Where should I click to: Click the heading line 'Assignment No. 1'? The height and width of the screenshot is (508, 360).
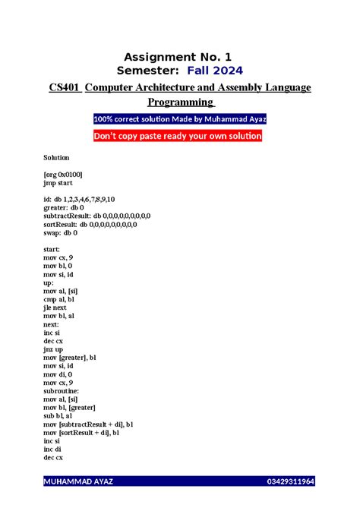coord(179,56)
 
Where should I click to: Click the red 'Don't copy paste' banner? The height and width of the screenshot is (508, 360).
coord(178,136)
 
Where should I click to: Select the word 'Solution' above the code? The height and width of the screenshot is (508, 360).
coord(56,157)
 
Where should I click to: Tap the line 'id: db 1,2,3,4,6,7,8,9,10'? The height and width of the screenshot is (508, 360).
coord(80,199)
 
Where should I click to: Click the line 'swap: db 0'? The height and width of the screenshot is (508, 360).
coord(61,232)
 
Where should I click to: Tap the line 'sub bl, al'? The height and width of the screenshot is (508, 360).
coord(60,415)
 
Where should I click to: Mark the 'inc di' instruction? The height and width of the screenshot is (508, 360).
coord(53,449)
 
